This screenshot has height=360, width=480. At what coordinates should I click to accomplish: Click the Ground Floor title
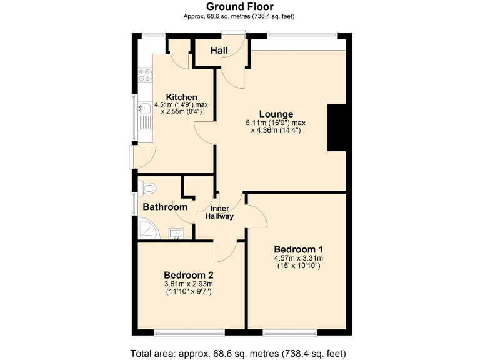click(240, 6)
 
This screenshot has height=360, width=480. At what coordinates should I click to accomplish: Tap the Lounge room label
click(276, 114)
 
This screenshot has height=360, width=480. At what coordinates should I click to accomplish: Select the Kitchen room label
click(181, 97)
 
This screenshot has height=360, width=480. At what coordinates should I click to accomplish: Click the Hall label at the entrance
click(219, 50)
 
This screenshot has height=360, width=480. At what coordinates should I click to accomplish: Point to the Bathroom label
click(165, 207)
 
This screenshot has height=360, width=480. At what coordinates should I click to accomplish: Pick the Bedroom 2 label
click(188, 275)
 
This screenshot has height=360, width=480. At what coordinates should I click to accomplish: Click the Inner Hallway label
click(221, 212)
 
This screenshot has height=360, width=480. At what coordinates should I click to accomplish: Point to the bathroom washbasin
click(177, 234)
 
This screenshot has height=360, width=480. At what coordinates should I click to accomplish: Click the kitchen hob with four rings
click(146, 75)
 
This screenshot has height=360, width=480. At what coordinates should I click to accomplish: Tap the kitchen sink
click(144, 112)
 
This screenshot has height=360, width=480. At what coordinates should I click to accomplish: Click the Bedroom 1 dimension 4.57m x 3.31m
click(297, 258)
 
